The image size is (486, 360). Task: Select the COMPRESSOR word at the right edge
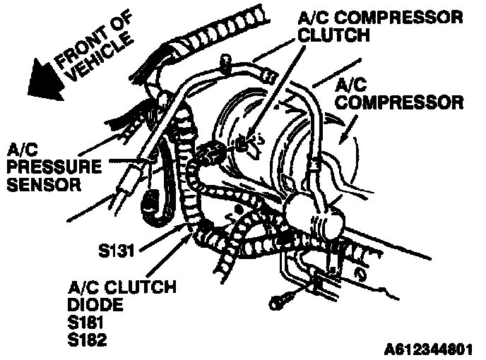tap(399, 103)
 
